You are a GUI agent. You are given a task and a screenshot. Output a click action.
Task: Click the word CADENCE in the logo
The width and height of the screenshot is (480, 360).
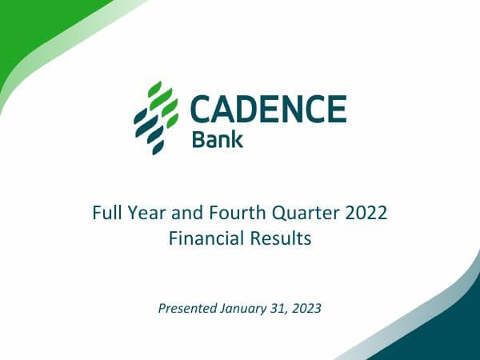pyautogui.click(x=268, y=108)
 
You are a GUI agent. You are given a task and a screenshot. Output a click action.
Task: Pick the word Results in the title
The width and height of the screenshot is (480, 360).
pyautogui.click(x=281, y=238)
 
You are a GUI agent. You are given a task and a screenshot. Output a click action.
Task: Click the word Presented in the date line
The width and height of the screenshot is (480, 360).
pyautogui.click(x=187, y=307)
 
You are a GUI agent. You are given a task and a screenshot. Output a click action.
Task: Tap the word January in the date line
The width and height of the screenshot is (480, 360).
pyautogui.click(x=246, y=307)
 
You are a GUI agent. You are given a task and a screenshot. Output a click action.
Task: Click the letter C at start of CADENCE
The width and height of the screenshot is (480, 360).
pyautogui.click(x=202, y=108)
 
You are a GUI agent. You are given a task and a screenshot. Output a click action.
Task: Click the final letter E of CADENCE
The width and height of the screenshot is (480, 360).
pyautogui.click(x=337, y=108)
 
